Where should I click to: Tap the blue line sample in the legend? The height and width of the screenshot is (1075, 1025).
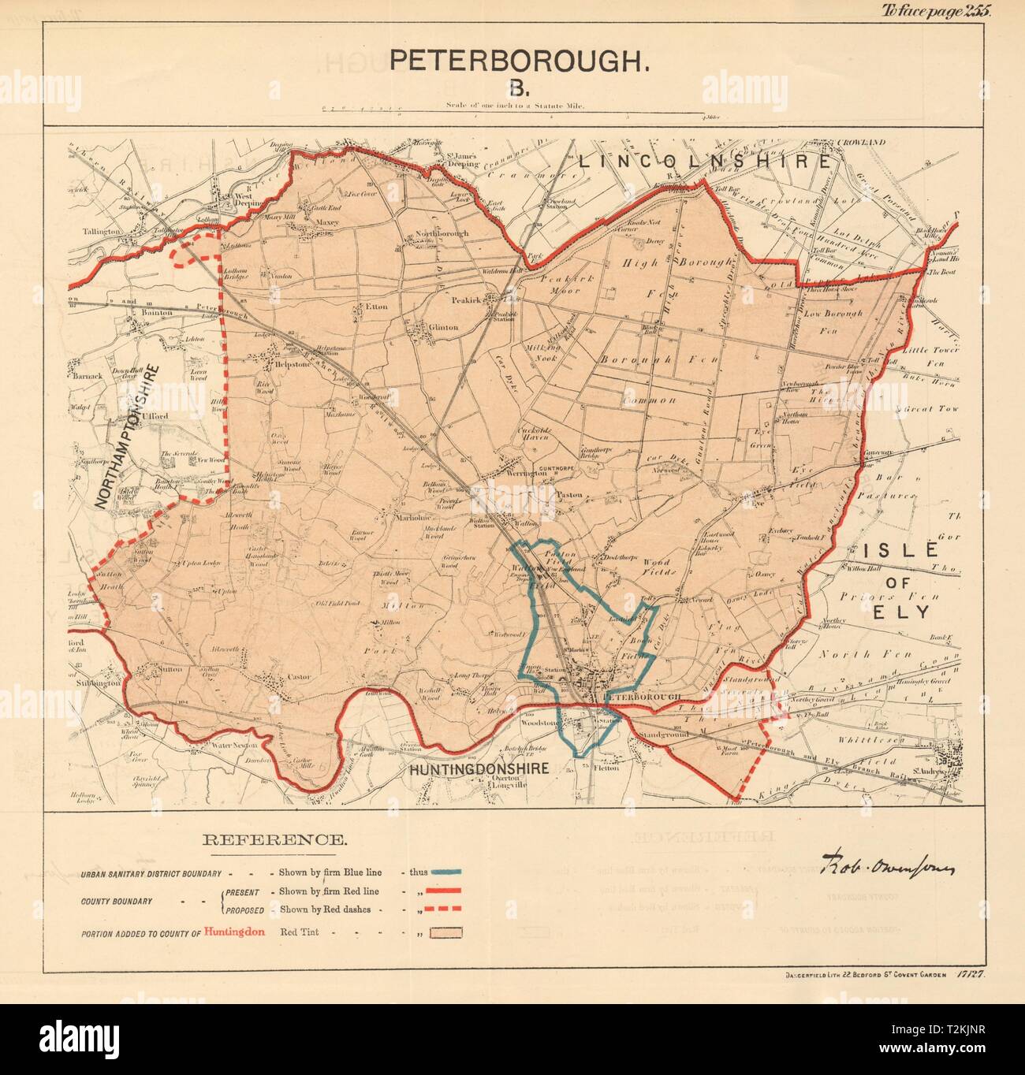point(445,873)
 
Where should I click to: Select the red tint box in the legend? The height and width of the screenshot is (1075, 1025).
point(445,933)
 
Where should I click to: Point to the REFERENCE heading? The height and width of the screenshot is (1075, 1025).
point(274,840)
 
